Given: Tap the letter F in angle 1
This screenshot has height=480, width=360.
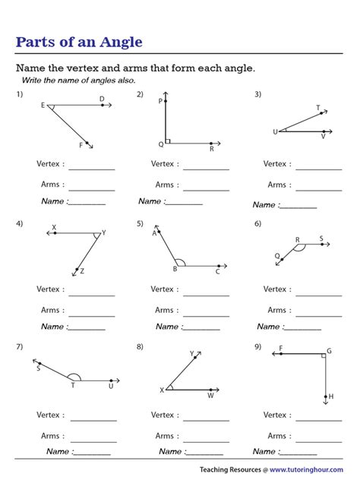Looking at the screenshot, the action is (x=81, y=145).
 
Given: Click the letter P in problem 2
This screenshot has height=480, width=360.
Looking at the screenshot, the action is (x=160, y=101).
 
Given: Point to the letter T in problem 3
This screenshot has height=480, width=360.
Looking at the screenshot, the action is (x=317, y=108).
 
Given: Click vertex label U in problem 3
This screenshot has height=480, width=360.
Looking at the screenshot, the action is (x=275, y=132).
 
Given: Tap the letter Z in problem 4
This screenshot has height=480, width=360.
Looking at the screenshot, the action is (x=82, y=271).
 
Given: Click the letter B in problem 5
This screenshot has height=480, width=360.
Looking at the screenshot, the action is (x=175, y=269).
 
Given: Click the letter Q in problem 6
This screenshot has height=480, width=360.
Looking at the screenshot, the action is (x=276, y=256).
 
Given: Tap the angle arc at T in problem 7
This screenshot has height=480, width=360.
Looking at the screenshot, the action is (x=74, y=377).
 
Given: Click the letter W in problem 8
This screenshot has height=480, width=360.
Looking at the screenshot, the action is (x=210, y=395).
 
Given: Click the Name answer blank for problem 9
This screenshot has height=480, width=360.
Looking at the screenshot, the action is (x=303, y=453).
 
